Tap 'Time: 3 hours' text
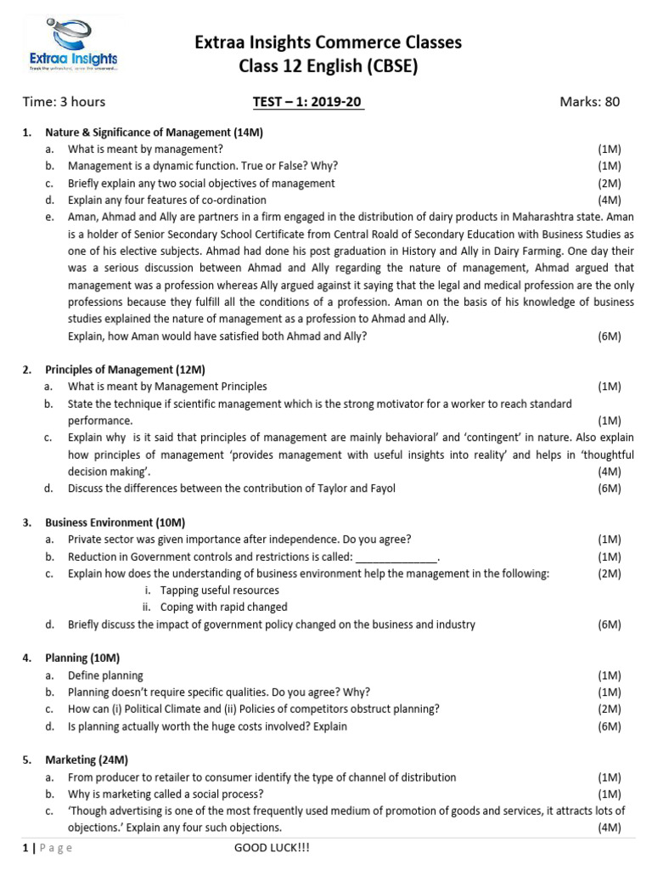[x=64, y=102]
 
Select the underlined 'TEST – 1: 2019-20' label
[x=308, y=102]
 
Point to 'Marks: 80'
[x=589, y=102]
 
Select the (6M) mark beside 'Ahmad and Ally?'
[x=609, y=336]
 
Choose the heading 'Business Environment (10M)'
[x=115, y=523]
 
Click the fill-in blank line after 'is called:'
[x=396, y=557]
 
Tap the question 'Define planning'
[x=105, y=675]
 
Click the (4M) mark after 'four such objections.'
[x=609, y=828]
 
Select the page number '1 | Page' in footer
[x=48, y=848]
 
